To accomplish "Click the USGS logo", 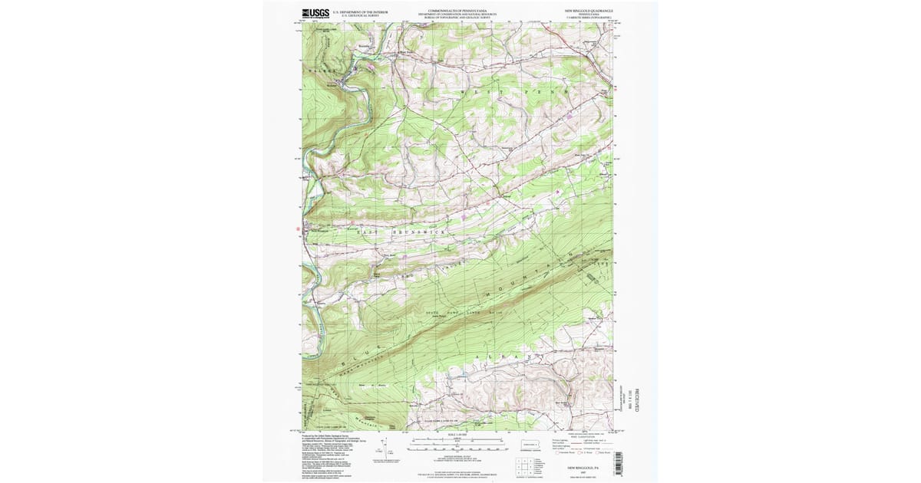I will tap(315, 13).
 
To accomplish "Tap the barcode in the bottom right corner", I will tap(618, 463).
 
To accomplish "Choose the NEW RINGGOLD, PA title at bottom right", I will tap(581, 466).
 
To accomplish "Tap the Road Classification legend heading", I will tap(585, 435).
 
